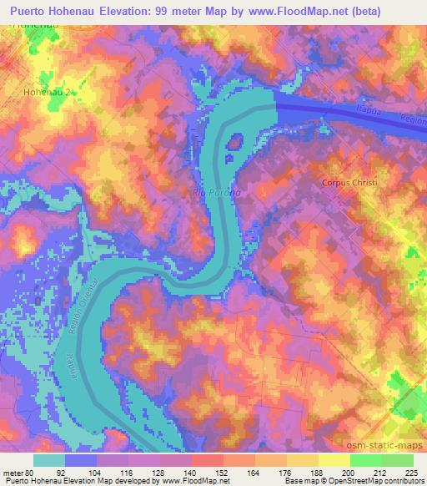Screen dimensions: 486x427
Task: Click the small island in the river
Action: [234, 144]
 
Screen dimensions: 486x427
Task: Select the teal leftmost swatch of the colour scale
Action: [49, 459]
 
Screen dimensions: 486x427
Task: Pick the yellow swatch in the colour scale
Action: [334, 459]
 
